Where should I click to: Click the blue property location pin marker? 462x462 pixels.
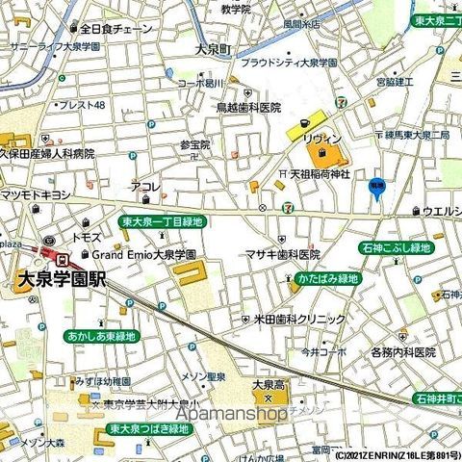tap(376, 189)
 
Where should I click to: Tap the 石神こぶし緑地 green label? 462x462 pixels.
tap(423, 247)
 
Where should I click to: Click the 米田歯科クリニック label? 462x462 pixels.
tap(298, 319)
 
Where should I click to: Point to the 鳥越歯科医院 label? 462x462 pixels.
tap(247, 108)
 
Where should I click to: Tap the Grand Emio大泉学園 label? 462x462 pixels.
tap(144, 255)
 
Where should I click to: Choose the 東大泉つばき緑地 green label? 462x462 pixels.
tap(148, 428)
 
